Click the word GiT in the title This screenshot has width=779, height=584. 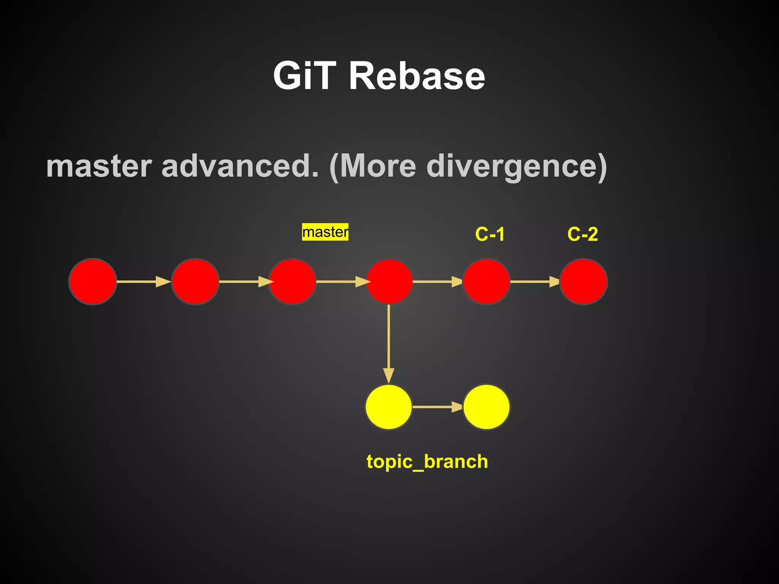(x=305, y=76)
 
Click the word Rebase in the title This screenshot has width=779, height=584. (x=417, y=76)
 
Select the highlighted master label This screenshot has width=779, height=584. (x=325, y=232)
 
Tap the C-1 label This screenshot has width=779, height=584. (x=490, y=234)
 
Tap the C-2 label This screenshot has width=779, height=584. (x=582, y=234)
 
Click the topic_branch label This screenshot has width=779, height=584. (x=427, y=462)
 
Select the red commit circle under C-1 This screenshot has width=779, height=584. (x=486, y=282)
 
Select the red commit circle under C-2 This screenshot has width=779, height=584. (x=583, y=282)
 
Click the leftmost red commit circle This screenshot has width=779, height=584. (x=92, y=282)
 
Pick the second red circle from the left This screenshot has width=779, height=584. (x=195, y=282)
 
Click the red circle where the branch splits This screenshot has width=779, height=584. (x=389, y=282)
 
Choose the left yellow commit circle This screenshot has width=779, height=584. (x=388, y=407)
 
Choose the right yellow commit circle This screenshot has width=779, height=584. (x=486, y=407)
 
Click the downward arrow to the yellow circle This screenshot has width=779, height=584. (x=388, y=342)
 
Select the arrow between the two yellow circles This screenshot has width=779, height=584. (x=437, y=407)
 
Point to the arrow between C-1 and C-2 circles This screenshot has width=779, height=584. (x=534, y=282)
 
